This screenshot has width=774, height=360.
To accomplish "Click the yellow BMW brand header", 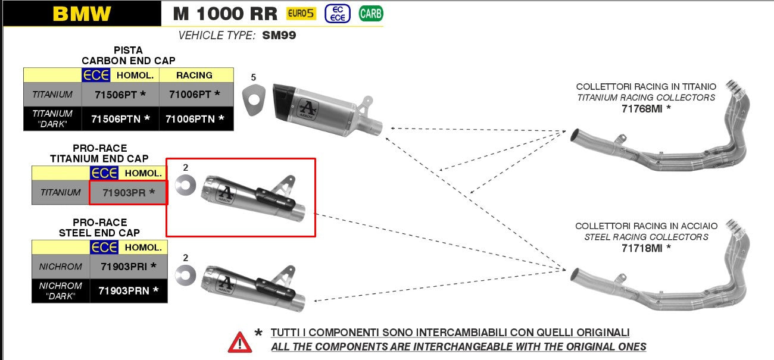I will click(x=82, y=14).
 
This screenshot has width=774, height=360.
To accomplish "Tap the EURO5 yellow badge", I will click(x=301, y=13).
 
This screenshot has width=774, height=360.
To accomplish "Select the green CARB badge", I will click(x=370, y=13).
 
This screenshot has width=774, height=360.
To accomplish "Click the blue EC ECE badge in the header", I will click(x=337, y=13).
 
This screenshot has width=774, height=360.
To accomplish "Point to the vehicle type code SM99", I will click(x=279, y=35).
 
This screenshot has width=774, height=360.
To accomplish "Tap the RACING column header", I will click(x=194, y=75).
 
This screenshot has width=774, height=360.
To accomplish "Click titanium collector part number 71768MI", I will click(x=646, y=108).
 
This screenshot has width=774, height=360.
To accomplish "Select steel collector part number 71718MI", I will click(x=646, y=248).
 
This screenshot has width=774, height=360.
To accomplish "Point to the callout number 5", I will click(x=254, y=77).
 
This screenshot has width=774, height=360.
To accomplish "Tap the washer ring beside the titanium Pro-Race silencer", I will click(x=186, y=186).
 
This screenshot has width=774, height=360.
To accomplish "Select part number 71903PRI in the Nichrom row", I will click(x=128, y=267).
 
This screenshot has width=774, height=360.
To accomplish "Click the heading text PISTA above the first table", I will click(x=128, y=51).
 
